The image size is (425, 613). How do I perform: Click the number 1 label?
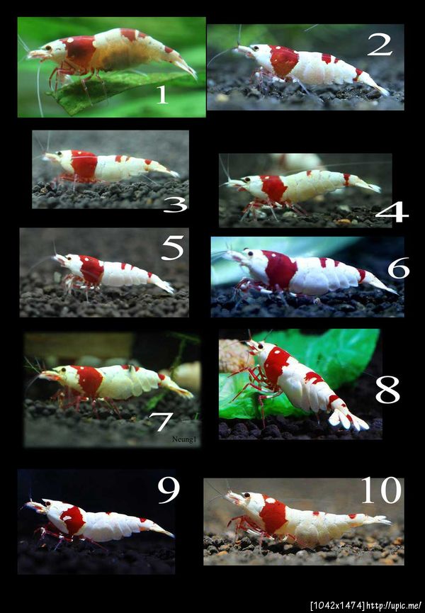(x=162, y=95)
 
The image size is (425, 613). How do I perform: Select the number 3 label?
(x=175, y=205)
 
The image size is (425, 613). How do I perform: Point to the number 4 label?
(x=392, y=213)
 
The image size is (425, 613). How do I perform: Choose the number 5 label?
(x=172, y=248)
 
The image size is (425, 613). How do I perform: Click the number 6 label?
(x=398, y=268)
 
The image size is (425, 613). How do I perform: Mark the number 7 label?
(x=161, y=422)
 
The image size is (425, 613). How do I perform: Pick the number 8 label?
(x=387, y=391)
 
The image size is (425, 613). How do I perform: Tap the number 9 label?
(x=169, y=491)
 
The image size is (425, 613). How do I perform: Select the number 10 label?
(x=381, y=490)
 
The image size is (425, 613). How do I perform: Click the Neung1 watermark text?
(x=184, y=439)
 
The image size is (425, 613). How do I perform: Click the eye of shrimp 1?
(x=48, y=48)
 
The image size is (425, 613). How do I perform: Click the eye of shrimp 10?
(x=246, y=496)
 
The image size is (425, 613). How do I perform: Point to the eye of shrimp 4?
(x=247, y=180)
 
